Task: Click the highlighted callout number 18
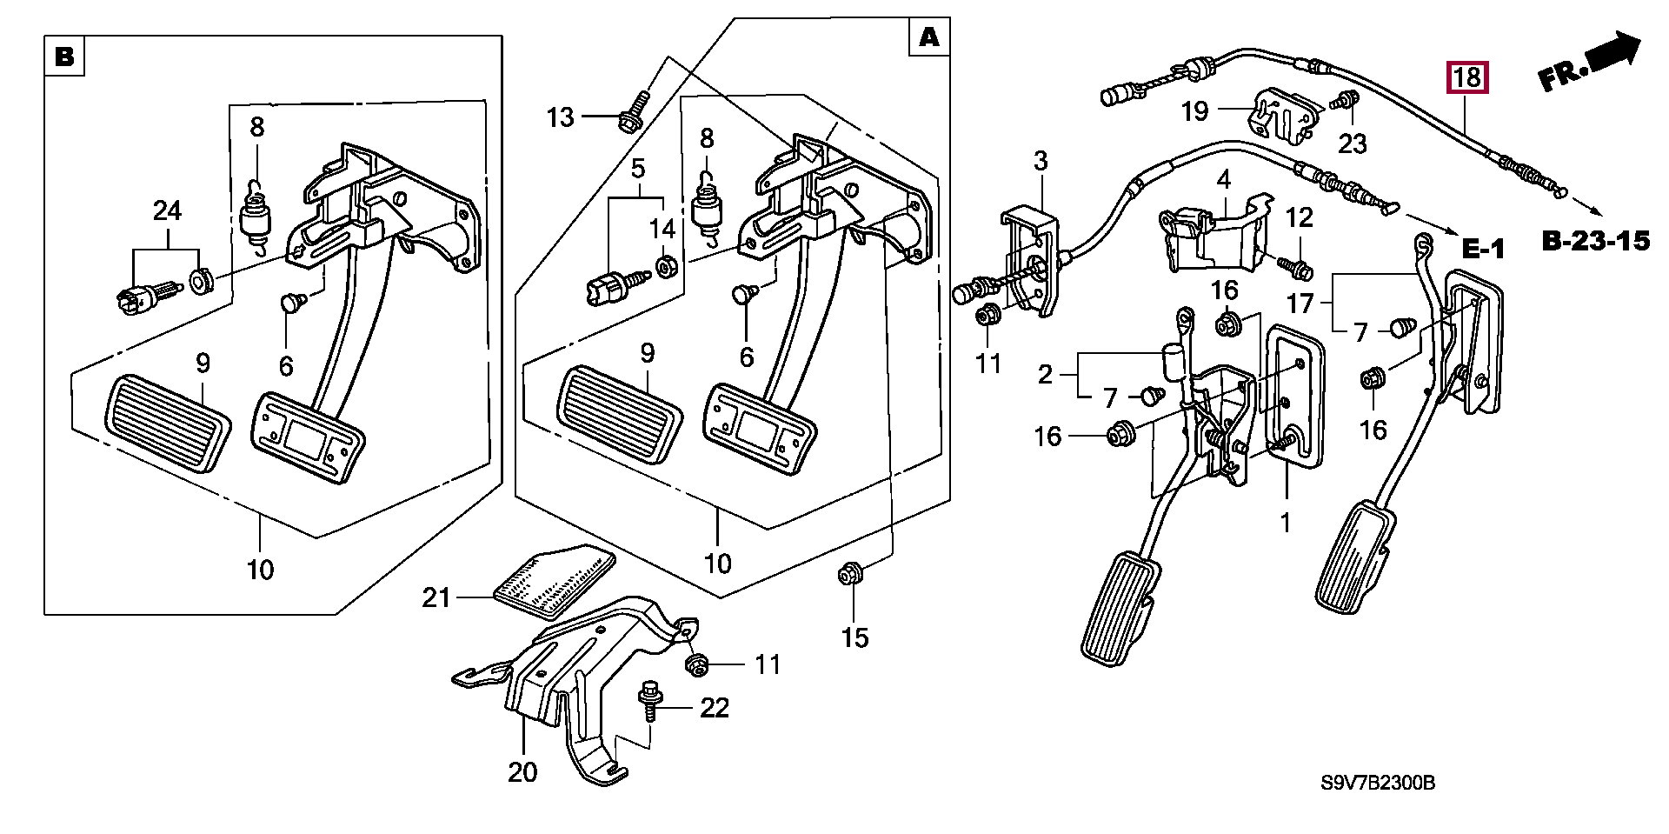[1466, 77]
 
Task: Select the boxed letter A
[928, 37]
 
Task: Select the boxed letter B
[64, 57]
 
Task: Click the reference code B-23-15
[1595, 241]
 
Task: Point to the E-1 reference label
[1482, 250]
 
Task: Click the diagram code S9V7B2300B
[1378, 784]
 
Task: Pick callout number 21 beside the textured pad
[436, 597]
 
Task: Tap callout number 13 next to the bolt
[561, 117]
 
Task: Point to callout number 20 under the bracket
[523, 771]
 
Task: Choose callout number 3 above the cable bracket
[1041, 160]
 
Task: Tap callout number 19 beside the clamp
[1195, 110]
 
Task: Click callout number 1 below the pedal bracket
[1285, 523]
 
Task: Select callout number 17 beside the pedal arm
[1300, 304]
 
